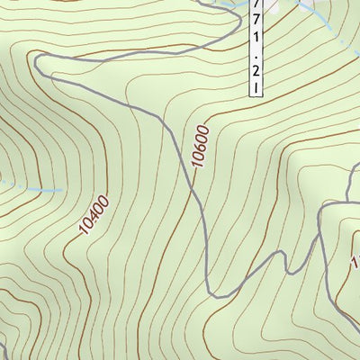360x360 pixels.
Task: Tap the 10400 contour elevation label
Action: click(93, 216)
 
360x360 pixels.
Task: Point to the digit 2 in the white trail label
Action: click(259, 69)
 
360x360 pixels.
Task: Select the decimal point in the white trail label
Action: click(259, 55)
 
